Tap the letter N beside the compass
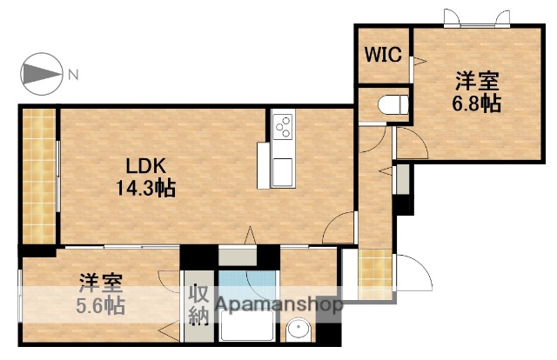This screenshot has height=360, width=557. tap(74, 75)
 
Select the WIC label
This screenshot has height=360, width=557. tap(381, 55)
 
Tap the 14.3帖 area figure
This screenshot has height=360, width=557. tap(146, 187)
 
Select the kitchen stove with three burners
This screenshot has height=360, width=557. tap(284, 127)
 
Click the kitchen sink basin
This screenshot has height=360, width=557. tap(284, 170)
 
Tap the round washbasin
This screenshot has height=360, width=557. tap(299, 331)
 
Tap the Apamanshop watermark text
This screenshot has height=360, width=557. tap(279, 305)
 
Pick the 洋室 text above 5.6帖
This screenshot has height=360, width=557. tap(101, 283)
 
